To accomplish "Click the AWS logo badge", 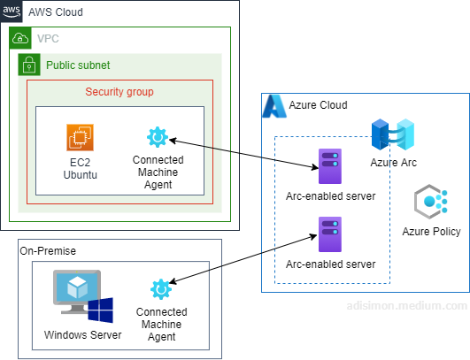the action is [x=12, y=11].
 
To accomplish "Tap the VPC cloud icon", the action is [x=20, y=38].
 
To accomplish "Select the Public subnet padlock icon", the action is [x=29, y=65].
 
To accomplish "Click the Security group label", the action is [x=119, y=92].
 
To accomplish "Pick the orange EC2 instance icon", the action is [x=80, y=137].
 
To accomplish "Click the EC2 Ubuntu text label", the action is [x=80, y=169].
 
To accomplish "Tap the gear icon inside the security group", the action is [x=158, y=137].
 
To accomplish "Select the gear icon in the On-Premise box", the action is [x=161, y=289].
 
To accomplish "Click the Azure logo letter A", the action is [x=274, y=106].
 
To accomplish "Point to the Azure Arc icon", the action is [x=393, y=134].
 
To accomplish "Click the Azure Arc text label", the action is [x=393, y=163].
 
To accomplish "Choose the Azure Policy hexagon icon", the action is [x=431, y=202].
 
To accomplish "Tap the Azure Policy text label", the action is [x=431, y=232].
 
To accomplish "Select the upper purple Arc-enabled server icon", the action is [x=330, y=166].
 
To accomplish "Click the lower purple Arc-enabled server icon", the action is [x=330, y=234].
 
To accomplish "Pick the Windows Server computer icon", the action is [x=83, y=296].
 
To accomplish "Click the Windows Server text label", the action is [x=82, y=335].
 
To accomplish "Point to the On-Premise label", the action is [x=48, y=251].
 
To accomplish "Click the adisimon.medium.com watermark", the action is [x=407, y=306].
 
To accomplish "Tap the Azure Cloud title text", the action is [x=318, y=105].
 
